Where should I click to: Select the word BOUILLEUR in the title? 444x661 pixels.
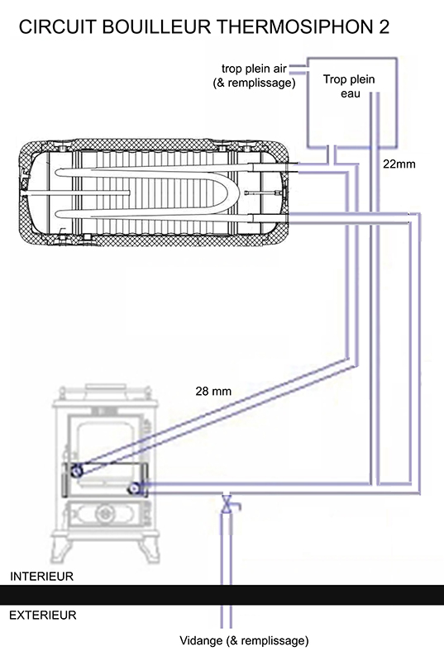[x=156, y=27]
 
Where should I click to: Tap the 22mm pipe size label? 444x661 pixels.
[x=399, y=164]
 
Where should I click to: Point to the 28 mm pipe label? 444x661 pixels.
[x=213, y=391]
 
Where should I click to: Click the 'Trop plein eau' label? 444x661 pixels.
[x=349, y=86]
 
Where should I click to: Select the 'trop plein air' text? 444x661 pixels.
[x=254, y=69]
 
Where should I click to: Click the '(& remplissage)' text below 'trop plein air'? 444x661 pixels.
[x=255, y=83]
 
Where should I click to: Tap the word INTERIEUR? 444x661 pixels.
[x=41, y=576]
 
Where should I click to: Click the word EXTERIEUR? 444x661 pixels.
[x=43, y=615]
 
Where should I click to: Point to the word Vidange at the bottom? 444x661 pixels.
[x=201, y=641]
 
